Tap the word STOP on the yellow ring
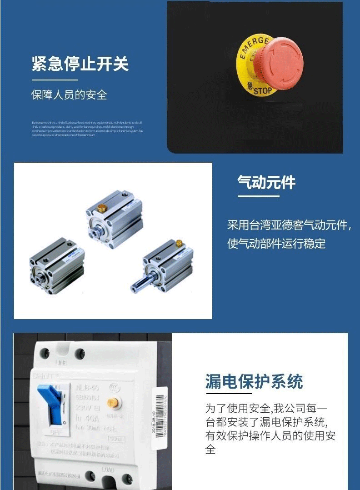point(262,90)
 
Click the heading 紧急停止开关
point(80,64)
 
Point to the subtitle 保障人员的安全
point(69,95)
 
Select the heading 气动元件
point(266,182)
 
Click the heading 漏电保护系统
point(254,381)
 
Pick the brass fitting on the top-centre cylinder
point(102,209)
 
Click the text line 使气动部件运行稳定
point(276,243)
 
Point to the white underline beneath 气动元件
point(258,196)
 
